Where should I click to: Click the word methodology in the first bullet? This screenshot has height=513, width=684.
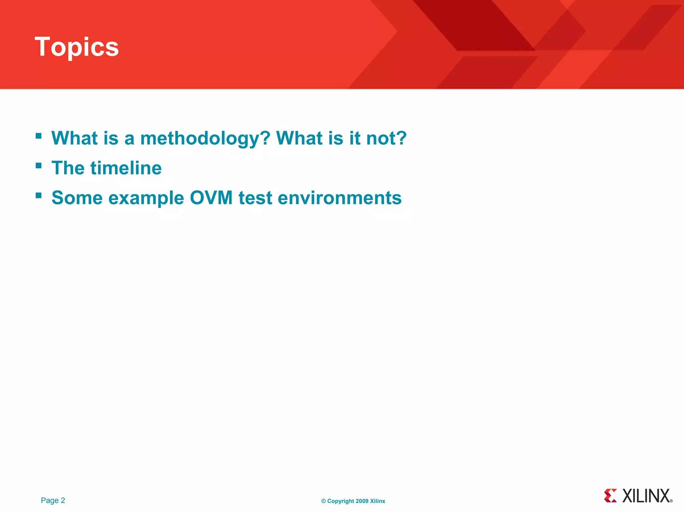205,138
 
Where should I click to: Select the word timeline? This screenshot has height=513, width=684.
126,168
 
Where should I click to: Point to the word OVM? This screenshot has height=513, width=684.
211,198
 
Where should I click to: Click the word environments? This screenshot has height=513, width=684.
340,198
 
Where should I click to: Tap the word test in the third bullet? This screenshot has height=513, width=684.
255,198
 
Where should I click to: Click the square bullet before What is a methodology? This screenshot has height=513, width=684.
39,136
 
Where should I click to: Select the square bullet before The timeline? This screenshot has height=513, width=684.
39,166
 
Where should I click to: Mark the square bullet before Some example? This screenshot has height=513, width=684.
39,195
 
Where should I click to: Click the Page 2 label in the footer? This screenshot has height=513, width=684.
53,500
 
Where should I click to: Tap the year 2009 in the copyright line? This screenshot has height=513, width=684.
362,501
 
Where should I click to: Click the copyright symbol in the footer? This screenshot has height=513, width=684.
323,501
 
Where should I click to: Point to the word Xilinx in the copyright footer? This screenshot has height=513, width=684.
377,501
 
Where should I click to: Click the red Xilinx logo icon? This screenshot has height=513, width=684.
610,496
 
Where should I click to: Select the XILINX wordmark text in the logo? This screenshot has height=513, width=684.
646,496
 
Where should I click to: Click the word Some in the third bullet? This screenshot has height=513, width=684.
77,198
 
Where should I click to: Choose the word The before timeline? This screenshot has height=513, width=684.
68,168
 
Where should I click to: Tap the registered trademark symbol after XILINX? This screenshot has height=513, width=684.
671,501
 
